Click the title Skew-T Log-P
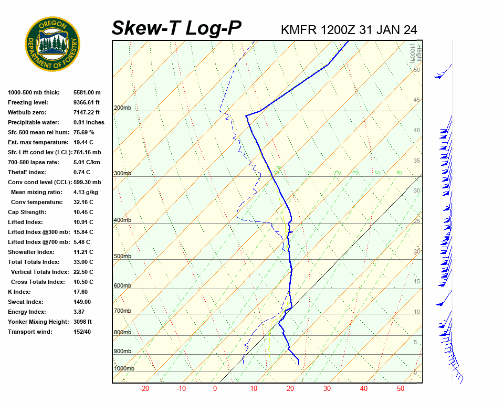(177, 28)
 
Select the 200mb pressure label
(122, 108)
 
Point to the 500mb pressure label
(122, 256)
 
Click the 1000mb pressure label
(124, 368)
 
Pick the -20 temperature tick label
(144, 389)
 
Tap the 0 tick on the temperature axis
(215, 389)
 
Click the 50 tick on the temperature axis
(400, 389)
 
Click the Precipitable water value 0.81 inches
(89, 122)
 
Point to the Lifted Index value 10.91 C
(83, 222)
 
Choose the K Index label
(19, 292)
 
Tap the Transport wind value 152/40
(83, 332)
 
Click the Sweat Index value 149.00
(82, 302)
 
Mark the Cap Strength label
(27, 212)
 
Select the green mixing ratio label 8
(399, 172)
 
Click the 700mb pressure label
(122, 311)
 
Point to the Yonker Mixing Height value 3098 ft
(83, 322)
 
